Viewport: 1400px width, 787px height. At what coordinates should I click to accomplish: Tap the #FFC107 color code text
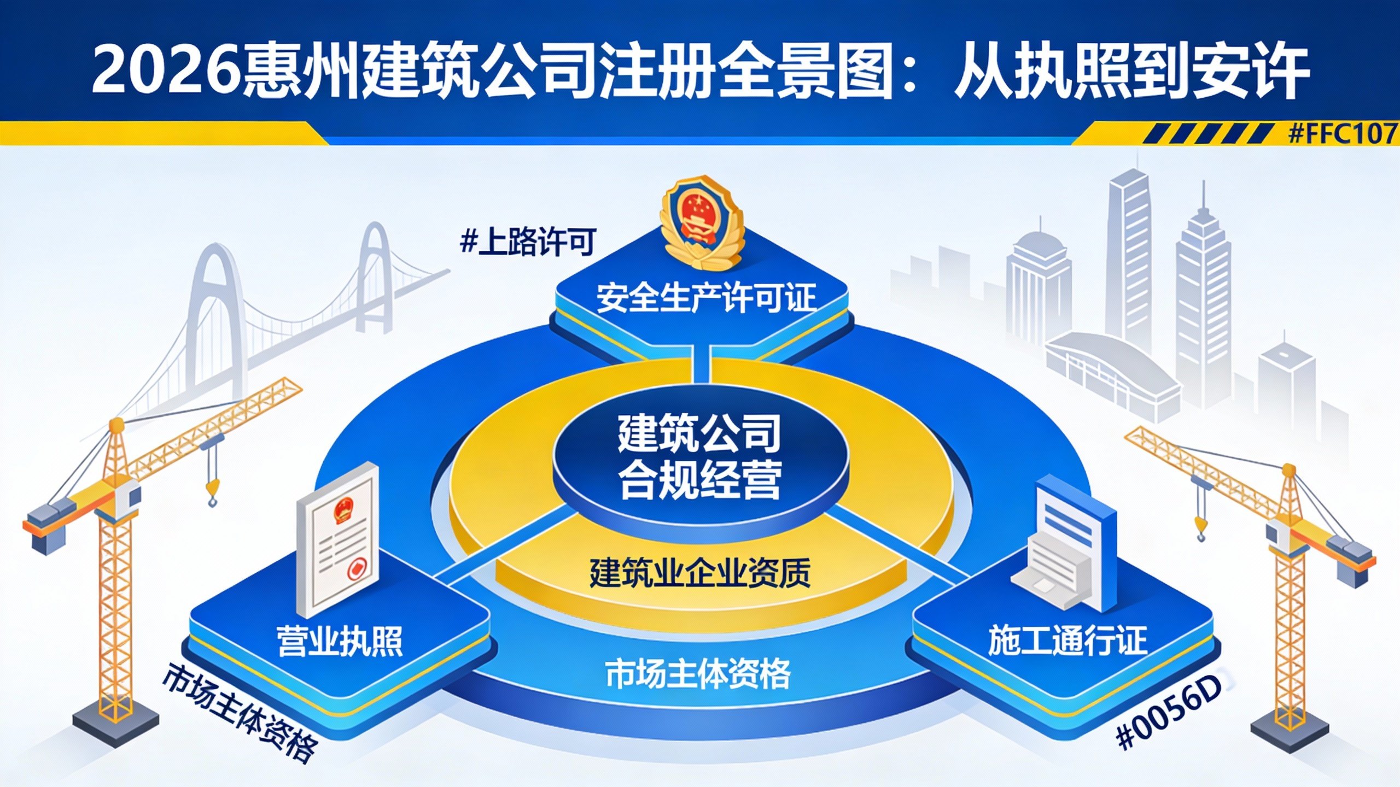pyautogui.click(x=1343, y=133)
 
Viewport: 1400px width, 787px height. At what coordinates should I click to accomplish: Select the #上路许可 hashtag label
pyautogui.click(x=528, y=242)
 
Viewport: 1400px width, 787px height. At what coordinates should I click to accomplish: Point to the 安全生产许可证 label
pyautogui.click(x=705, y=298)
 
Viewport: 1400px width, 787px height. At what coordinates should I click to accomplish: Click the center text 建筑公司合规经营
pyautogui.click(x=699, y=457)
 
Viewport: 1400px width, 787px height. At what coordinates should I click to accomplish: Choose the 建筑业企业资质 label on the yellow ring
pyautogui.click(x=699, y=573)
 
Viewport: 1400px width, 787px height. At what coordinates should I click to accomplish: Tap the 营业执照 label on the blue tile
pyautogui.click(x=340, y=641)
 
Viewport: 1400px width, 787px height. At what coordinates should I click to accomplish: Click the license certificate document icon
pyautogui.click(x=337, y=538)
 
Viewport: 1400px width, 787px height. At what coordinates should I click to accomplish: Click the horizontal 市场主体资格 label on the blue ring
pyautogui.click(x=698, y=674)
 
